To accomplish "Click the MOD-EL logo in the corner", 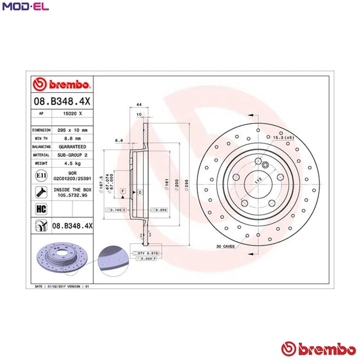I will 25,7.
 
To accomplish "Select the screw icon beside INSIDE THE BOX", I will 40,192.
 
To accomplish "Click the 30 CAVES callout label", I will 225,246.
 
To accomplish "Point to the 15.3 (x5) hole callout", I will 284,138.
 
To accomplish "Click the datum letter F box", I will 122,191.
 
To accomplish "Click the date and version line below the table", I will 62,286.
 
